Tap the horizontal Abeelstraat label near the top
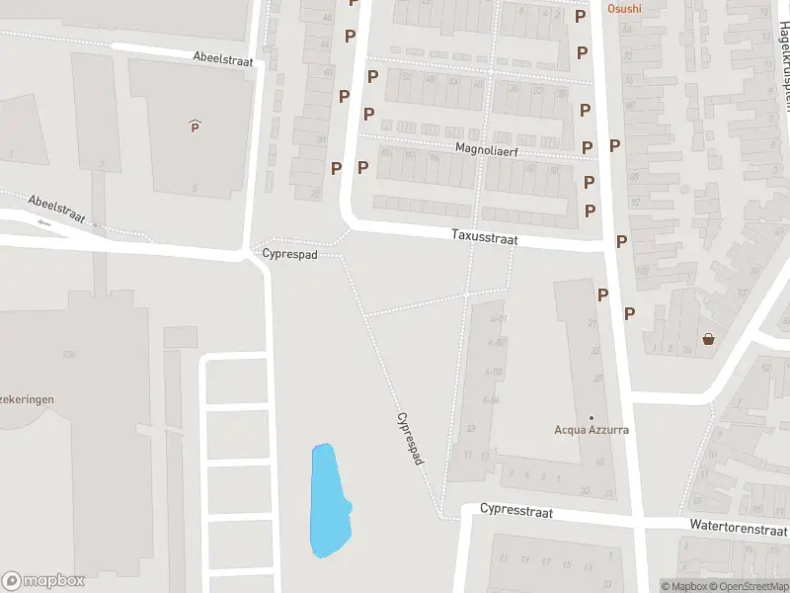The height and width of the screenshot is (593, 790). click(x=224, y=60)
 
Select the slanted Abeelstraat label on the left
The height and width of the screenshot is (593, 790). click(x=56, y=209)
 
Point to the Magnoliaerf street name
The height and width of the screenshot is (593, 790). click(x=487, y=149)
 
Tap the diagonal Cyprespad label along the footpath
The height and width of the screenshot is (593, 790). click(x=411, y=439)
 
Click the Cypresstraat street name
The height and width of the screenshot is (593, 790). click(x=516, y=511)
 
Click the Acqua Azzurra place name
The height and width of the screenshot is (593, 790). click(x=592, y=430)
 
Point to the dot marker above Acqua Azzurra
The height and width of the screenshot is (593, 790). click(x=592, y=417)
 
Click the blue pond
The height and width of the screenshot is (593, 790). click(x=329, y=499)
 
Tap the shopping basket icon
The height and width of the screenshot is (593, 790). click(x=709, y=340)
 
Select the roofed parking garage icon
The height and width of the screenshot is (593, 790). click(x=195, y=126)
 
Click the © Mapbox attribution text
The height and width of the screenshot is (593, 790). click(x=684, y=586)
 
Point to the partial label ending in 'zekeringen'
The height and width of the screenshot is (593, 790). click(x=27, y=399)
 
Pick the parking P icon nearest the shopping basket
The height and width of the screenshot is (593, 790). click(x=629, y=313)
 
